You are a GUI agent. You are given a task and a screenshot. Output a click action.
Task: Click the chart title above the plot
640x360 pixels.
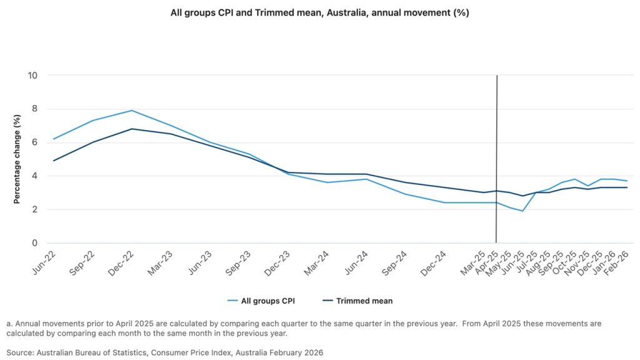(x=320, y=12)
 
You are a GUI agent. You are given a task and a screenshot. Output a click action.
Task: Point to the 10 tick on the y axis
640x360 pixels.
(x=33, y=76)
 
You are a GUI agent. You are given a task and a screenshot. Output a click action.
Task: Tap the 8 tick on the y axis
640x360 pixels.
(x=35, y=109)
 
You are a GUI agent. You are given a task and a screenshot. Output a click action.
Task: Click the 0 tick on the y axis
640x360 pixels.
(x=35, y=243)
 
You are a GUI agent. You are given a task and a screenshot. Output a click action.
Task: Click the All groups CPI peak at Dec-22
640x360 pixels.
(x=131, y=111)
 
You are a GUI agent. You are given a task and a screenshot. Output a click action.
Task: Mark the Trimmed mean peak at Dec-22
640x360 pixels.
(x=131, y=129)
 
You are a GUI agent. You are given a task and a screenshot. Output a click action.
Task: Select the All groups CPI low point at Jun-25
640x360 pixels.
(x=522, y=211)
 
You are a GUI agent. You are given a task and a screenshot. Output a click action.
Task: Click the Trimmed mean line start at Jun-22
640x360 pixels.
(x=54, y=161)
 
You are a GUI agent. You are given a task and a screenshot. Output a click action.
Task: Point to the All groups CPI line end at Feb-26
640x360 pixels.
(x=626, y=181)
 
